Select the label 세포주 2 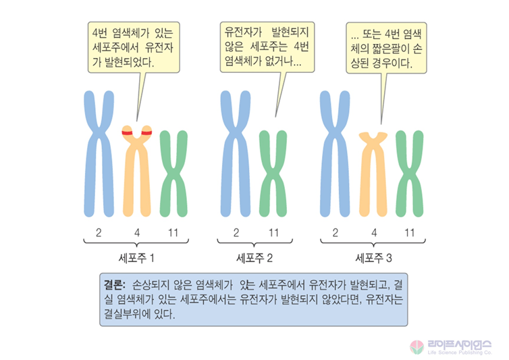[x=254, y=257]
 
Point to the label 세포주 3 [x=373, y=257]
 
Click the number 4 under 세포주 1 [x=137, y=233]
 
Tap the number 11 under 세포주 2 [x=273, y=233]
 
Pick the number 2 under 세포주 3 [x=336, y=233]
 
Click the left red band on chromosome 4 [x=126, y=132]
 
